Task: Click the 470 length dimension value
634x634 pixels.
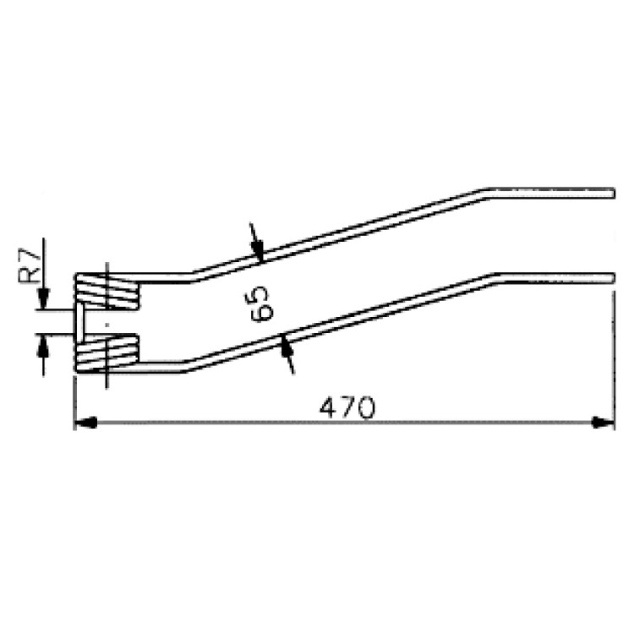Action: (x=347, y=407)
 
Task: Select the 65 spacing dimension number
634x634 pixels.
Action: (x=260, y=303)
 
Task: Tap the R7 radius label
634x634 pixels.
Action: (x=29, y=265)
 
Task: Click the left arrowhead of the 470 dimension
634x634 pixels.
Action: (x=85, y=423)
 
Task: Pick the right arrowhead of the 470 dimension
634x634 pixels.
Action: (x=603, y=423)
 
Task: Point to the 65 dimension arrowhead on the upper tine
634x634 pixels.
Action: (x=258, y=250)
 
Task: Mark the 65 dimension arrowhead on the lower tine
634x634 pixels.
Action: (x=286, y=346)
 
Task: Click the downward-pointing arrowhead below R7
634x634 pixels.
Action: (x=43, y=299)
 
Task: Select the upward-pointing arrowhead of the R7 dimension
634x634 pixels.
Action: (x=43, y=345)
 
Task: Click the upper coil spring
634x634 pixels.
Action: (x=107, y=291)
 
